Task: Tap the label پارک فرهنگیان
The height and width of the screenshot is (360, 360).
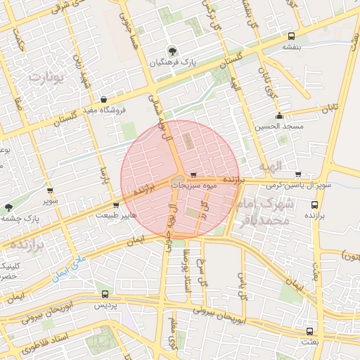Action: (174, 63)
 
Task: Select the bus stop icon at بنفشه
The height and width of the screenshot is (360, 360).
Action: (291, 36)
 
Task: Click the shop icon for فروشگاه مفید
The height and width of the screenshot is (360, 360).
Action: (105, 99)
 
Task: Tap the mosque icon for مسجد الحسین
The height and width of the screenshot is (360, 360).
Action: (279, 116)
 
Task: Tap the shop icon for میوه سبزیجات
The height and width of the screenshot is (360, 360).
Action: (193, 175)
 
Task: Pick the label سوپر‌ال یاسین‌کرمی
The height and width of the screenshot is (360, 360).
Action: (298, 185)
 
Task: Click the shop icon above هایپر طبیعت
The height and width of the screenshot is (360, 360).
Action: (116, 205)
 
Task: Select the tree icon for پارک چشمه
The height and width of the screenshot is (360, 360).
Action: (8, 207)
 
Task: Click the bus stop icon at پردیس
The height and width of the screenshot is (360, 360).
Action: (105, 295)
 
